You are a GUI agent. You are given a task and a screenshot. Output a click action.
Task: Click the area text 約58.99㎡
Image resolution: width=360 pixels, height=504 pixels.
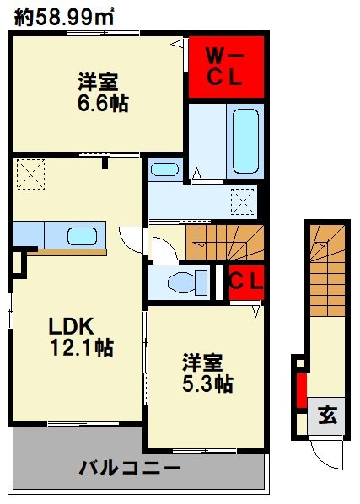click(x=64, y=18)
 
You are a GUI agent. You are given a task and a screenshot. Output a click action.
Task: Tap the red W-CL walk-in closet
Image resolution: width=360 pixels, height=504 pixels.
click(x=226, y=67)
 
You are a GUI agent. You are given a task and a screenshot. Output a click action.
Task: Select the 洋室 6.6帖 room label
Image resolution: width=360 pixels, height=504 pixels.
click(x=103, y=93)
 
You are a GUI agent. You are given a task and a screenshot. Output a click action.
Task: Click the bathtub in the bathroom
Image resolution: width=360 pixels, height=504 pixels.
click(x=245, y=142)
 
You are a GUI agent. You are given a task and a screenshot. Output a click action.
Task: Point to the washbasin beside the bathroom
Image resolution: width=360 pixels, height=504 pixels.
click(x=164, y=169)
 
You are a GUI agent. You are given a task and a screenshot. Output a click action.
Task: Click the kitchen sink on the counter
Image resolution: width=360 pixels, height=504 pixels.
click(x=82, y=237)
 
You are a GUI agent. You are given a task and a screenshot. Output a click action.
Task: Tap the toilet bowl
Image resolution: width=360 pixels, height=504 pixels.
click(x=187, y=283)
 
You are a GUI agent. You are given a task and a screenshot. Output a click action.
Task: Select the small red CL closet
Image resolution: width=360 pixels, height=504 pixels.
click(x=246, y=282)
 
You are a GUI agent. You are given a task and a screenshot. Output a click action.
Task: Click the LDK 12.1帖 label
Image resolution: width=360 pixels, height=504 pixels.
click(x=82, y=336)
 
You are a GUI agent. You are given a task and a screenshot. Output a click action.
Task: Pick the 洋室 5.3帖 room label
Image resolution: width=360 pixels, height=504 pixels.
click(x=207, y=373)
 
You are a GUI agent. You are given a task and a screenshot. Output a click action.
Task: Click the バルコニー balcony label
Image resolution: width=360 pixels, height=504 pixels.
click(x=130, y=468)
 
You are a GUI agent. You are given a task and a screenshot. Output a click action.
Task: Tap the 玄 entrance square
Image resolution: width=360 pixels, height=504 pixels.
click(x=326, y=416)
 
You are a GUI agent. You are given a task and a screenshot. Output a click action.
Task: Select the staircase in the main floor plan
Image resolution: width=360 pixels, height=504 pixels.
click(x=224, y=242)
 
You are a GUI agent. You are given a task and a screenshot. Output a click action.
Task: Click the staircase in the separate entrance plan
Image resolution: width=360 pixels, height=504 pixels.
click(x=327, y=270)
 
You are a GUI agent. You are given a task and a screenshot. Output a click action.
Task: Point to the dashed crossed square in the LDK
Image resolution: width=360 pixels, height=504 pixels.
click(x=30, y=174)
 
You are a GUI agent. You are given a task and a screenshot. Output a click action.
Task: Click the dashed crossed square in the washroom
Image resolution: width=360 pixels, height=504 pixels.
click(x=244, y=202)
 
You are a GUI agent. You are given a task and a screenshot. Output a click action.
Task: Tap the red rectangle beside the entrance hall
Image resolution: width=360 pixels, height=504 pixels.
click(x=301, y=390)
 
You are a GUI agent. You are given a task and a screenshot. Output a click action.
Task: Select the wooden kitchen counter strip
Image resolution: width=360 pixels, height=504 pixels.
click(x=67, y=252)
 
